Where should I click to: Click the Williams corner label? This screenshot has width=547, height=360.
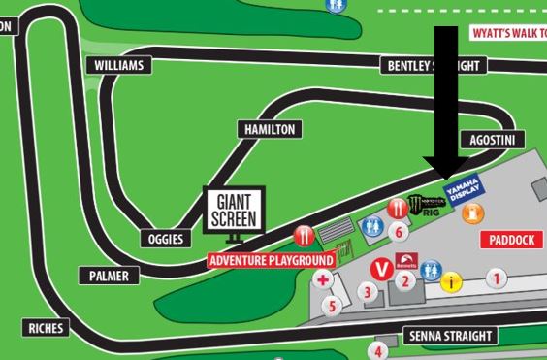(120, 65)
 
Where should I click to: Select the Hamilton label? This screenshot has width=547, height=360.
(269, 129)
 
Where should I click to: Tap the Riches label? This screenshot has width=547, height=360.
(46, 328)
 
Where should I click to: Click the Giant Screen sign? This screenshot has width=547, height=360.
(235, 209)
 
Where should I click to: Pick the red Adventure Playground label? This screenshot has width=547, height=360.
(272, 260)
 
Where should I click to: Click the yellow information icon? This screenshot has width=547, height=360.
(450, 282)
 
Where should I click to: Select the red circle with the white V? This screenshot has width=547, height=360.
(382, 268)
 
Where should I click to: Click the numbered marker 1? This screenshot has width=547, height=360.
(497, 278)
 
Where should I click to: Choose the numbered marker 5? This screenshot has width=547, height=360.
(332, 307)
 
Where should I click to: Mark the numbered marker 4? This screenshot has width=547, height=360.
(380, 351)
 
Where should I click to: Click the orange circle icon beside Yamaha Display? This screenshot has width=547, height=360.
(477, 213)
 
